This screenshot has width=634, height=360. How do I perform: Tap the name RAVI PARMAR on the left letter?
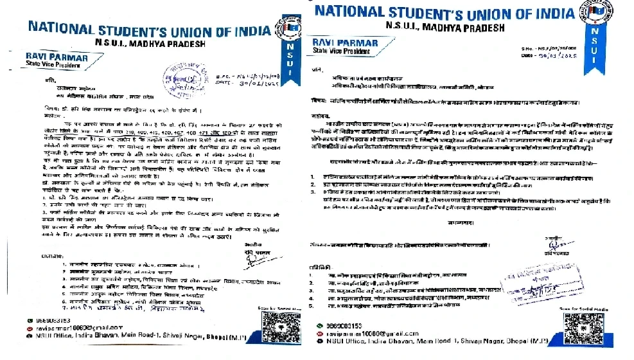click(45, 57)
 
